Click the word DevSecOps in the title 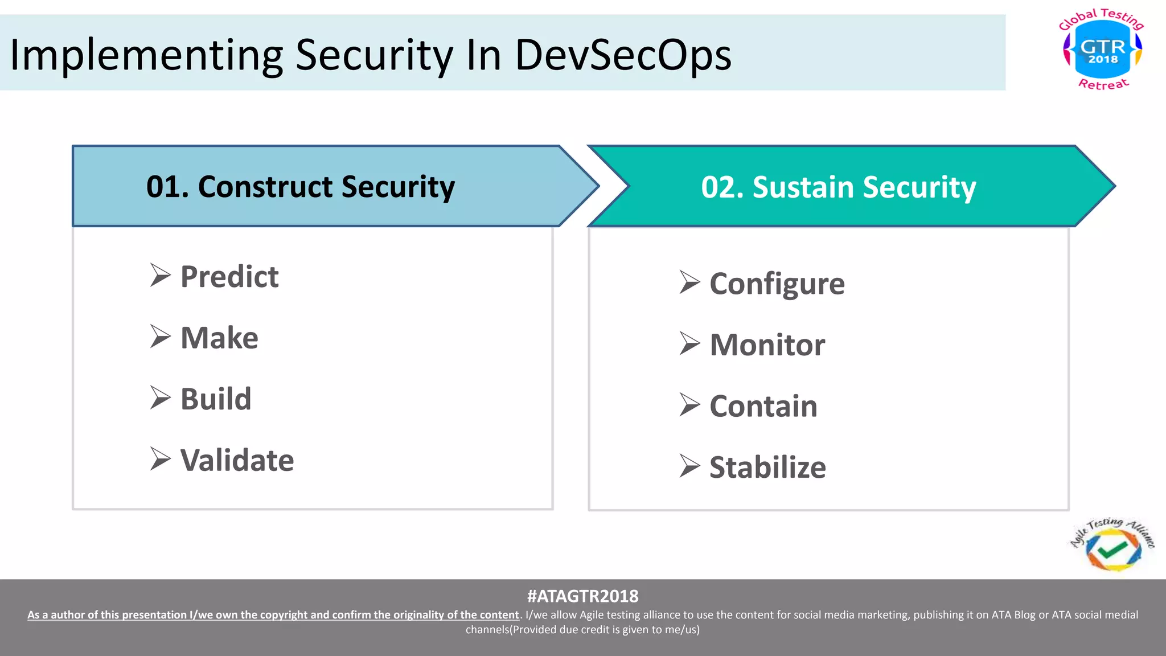tap(623, 55)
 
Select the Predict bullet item tap(229, 277)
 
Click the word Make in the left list tap(219, 338)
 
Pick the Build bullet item tap(216, 399)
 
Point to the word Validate tap(237, 460)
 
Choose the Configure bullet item tap(777, 284)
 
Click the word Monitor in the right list tap(767, 345)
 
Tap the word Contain tap(763, 407)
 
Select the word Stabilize tap(767, 468)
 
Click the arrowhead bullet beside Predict tap(160, 276)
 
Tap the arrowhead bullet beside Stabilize tap(689, 466)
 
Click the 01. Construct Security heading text tap(301, 187)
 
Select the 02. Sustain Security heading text tap(839, 187)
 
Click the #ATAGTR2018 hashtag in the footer tap(582, 596)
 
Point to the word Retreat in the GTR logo tap(1103, 84)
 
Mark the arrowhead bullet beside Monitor tap(689, 344)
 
